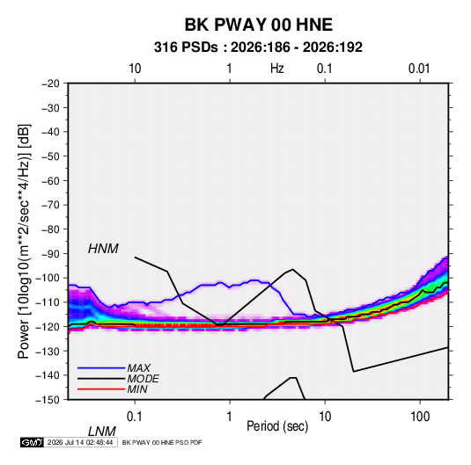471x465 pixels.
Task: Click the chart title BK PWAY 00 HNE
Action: tap(258, 25)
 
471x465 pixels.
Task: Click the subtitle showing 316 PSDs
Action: tap(258, 47)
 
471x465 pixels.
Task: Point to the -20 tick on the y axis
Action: tap(50, 84)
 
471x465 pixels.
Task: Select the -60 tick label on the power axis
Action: tap(50, 180)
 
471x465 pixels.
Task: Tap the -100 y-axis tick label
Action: tap(48, 278)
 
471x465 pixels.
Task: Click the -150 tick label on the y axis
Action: tap(48, 400)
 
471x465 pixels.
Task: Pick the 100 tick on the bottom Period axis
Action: tap(420, 417)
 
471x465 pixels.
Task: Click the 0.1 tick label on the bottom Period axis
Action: tap(135, 417)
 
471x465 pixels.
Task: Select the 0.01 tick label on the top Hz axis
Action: tap(419, 69)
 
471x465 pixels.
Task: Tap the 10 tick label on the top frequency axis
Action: tap(135, 69)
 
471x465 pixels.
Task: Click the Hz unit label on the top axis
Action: tap(277, 69)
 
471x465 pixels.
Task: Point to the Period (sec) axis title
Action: tap(277, 426)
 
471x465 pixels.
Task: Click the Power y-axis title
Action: tap(24, 242)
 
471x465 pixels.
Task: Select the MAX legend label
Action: tap(139, 367)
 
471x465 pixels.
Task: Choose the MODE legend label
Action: tap(143, 379)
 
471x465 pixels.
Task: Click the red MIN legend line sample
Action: tap(101, 389)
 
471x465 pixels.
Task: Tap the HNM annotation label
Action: tap(103, 249)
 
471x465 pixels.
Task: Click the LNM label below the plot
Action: tap(102, 432)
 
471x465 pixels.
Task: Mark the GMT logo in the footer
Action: tap(32, 442)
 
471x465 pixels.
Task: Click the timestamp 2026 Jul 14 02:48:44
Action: tap(80, 442)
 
